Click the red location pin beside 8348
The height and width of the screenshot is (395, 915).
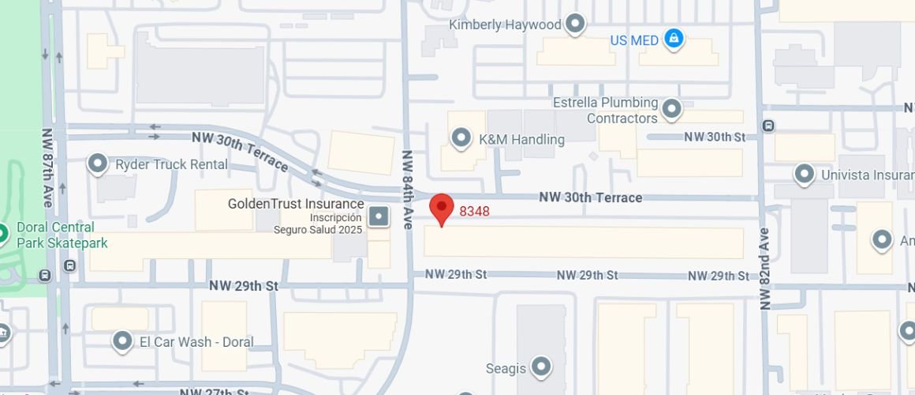coord(442,209)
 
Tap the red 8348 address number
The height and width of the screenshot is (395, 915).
coord(475,212)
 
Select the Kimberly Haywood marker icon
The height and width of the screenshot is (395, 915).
coord(575,24)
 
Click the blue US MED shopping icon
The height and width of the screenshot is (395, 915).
coord(673,39)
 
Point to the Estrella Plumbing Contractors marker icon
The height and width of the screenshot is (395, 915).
coord(671,109)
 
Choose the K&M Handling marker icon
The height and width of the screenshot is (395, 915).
coord(461,139)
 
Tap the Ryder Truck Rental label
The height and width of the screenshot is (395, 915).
coord(171,165)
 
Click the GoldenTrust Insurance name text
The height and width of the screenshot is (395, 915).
coord(296,204)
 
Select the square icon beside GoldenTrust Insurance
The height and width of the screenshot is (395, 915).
coord(379,216)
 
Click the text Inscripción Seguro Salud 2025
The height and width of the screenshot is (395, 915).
coord(318,224)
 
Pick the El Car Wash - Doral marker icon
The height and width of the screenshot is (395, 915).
coord(122,341)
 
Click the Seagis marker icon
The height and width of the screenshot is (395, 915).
coord(540,367)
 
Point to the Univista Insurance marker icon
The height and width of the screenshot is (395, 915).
coord(804,174)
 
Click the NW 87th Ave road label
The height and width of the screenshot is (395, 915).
coord(47,167)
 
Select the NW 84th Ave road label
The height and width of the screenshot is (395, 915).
coord(408,190)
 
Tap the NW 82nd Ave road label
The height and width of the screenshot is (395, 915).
coord(764,269)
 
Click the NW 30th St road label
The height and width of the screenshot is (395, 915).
coord(715,137)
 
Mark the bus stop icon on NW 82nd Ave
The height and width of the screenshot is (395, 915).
coord(768,126)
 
